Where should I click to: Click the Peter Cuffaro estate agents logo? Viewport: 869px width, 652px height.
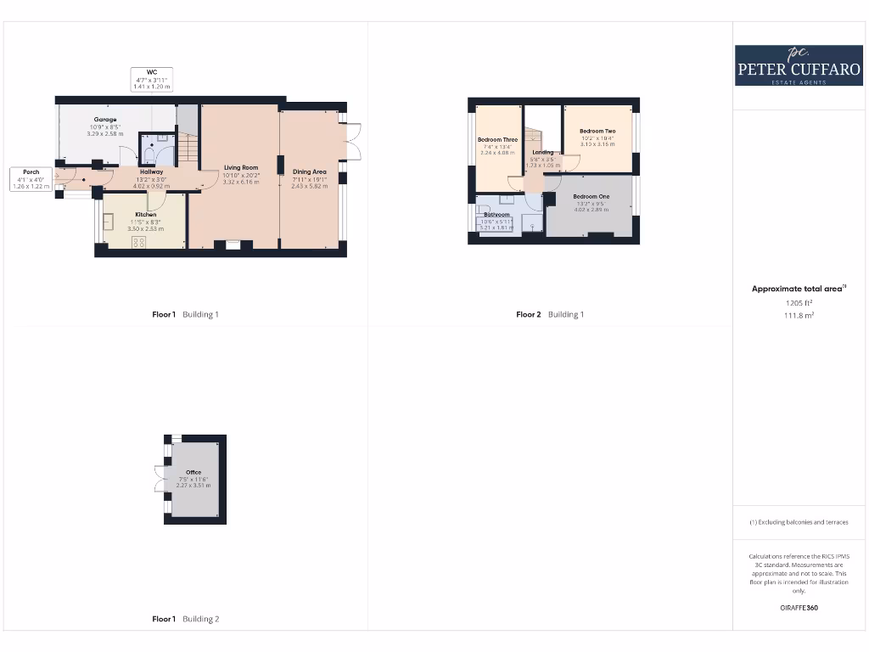[798, 65]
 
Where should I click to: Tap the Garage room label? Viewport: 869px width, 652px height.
[105, 120]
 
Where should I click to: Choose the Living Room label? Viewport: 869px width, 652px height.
[241, 167]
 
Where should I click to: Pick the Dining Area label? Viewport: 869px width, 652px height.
[310, 171]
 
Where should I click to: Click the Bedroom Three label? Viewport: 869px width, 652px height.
[497, 140]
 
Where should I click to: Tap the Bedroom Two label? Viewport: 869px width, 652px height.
[597, 132]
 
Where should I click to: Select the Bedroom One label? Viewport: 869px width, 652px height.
[591, 196]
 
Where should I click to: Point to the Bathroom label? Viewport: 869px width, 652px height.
[497, 215]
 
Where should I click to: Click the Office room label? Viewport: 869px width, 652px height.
[193, 472]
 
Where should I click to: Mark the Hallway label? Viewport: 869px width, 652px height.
[151, 171]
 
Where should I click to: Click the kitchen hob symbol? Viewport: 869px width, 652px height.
[139, 241]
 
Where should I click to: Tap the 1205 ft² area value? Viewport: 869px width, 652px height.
[798, 302]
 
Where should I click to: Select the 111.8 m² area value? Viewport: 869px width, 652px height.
[798, 314]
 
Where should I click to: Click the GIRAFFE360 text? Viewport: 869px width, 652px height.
[798, 607]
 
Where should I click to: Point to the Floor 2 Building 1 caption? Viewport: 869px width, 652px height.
[550, 314]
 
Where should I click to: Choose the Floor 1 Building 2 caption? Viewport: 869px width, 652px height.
[186, 619]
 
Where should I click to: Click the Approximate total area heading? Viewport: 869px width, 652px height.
[798, 289]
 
